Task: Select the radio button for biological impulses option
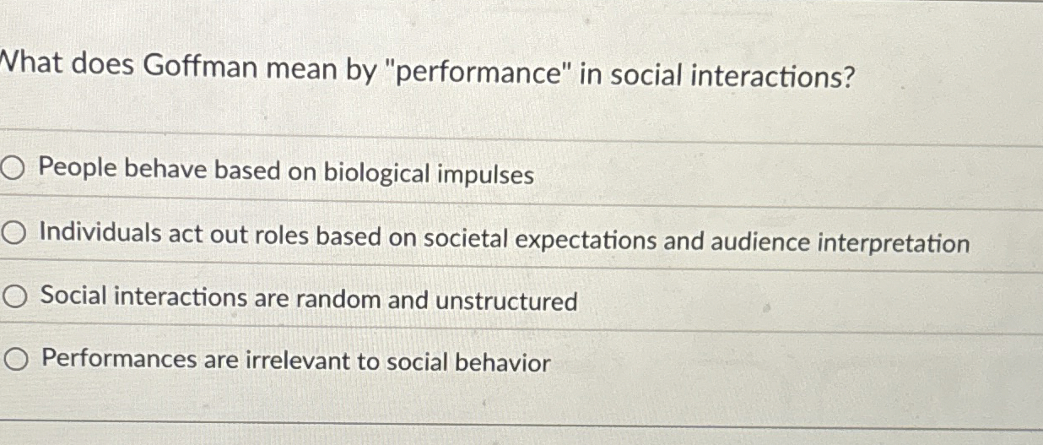[14, 169]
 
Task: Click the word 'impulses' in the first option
[487, 176]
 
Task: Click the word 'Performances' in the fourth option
[119, 360]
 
